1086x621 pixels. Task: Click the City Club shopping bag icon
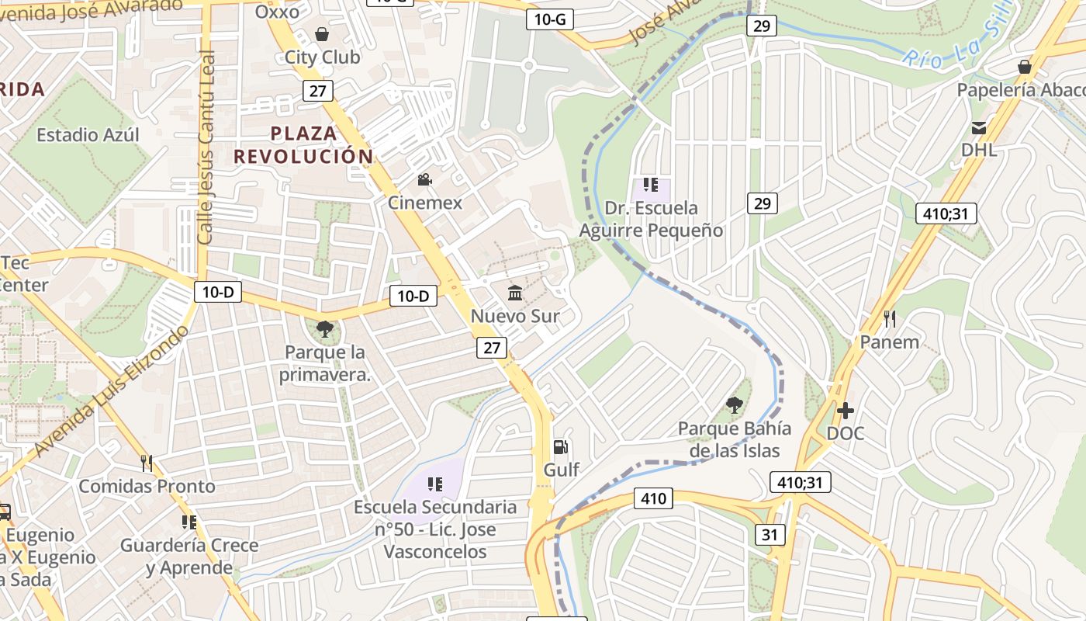coord(322,34)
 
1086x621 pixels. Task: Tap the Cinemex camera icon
coord(424,180)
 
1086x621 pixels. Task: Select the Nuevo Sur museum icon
coord(515,293)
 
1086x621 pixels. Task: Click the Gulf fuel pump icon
coord(560,446)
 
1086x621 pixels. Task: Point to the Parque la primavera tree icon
coord(325,329)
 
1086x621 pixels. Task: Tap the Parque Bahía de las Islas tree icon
coord(733,404)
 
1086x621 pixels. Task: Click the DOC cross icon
coord(846,410)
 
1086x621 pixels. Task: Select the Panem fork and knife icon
coord(890,318)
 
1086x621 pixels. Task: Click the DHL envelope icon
coord(979,127)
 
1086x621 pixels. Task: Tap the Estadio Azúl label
coord(88,135)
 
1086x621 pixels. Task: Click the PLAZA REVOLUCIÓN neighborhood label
coord(304,144)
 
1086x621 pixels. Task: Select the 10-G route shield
coord(550,19)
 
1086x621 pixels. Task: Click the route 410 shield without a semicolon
coord(653,498)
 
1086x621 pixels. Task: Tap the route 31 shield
coord(769,534)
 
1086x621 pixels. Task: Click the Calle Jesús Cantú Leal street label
coord(206,147)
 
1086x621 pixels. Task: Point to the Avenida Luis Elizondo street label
coord(111,393)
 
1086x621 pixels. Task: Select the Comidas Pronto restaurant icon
coord(147,463)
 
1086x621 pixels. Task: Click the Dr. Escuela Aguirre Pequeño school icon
coord(651,185)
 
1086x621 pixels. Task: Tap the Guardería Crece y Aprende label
coord(189,556)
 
